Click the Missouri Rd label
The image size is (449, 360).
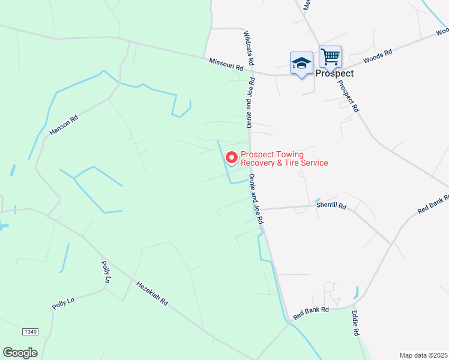(x=226, y=65)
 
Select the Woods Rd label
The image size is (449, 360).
(x=378, y=58)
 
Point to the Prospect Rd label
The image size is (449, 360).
(x=349, y=97)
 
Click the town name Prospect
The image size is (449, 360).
(x=334, y=73)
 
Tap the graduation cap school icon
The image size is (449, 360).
(x=301, y=63)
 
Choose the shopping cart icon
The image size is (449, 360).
(x=330, y=57)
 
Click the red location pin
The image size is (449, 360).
(x=232, y=158)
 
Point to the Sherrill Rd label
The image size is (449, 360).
(x=331, y=206)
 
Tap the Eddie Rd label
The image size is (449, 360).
(x=355, y=323)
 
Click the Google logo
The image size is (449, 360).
(x=20, y=353)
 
